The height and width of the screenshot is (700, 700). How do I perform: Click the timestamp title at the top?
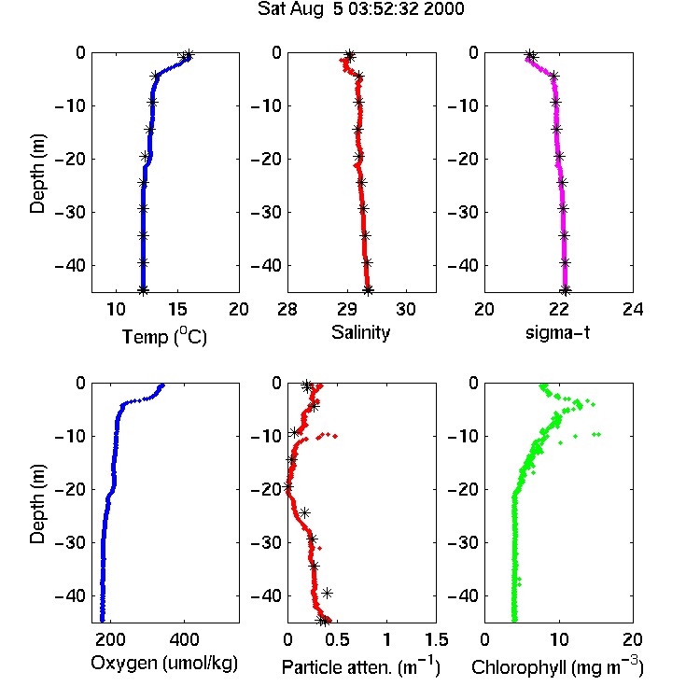(360, 8)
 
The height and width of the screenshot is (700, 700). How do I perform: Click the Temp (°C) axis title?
(164, 336)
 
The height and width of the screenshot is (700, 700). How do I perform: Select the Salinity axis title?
(360, 332)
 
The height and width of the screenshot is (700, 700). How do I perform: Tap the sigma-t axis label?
(557, 332)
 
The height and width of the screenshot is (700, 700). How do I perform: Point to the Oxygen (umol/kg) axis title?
(164, 664)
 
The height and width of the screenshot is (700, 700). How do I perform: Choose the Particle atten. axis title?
(361, 666)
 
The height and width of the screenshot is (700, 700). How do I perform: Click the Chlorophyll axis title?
(557, 666)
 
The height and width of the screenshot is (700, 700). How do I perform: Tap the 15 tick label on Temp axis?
(177, 309)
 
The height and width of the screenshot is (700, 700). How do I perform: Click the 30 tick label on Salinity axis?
(406, 309)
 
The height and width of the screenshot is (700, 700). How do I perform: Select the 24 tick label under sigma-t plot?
(633, 309)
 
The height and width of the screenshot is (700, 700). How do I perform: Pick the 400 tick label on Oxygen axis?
(184, 639)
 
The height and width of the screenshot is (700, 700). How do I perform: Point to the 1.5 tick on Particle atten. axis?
(436, 639)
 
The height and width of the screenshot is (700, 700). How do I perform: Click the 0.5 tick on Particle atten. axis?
(337, 639)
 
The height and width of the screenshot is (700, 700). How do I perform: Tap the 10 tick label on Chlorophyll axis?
(559, 639)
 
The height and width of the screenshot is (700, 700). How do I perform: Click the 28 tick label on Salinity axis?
(287, 309)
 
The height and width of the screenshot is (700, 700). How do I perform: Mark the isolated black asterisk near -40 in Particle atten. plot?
(328, 593)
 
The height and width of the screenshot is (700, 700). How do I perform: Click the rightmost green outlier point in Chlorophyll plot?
(599, 434)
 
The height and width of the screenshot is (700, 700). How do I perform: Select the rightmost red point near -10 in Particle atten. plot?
(335, 436)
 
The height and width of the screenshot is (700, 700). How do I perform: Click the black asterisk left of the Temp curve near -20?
(144, 156)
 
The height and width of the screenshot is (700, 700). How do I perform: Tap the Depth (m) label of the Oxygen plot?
(37, 504)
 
